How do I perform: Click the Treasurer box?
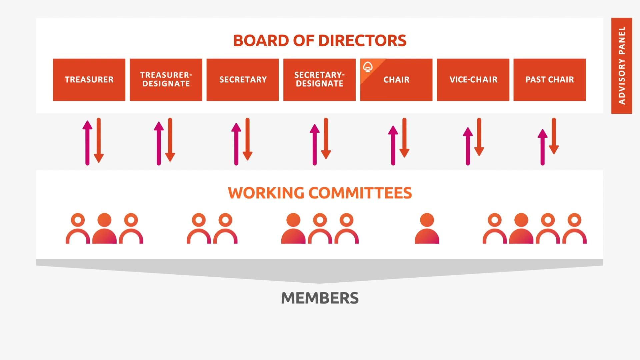point(89,80)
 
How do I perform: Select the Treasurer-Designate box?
point(166,80)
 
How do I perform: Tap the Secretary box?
point(243,80)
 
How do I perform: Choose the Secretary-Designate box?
point(319,80)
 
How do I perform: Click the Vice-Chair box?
point(473,80)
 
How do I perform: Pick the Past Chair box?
point(550,80)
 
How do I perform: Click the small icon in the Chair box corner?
point(368,67)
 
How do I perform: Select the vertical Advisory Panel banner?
point(622,66)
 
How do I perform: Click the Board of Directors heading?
point(320,41)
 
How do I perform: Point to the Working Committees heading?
point(320,193)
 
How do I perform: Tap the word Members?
point(320,298)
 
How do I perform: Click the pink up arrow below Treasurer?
point(87,143)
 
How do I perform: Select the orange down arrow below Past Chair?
point(554,136)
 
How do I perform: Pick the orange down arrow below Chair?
point(404,138)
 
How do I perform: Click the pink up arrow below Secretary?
point(236,144)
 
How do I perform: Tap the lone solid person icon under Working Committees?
point(427,228)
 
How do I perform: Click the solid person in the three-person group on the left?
point(104,228)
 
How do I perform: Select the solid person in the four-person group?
point(521,228)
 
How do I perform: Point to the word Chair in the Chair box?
point(396,80)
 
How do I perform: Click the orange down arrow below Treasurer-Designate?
point(170,140)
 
